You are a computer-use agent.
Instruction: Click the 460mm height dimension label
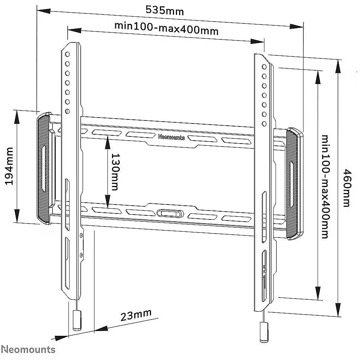tap(346, 188)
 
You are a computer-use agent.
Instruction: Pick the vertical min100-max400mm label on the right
tap(325, 186)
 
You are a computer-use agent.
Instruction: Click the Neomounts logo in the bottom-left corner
tap(28, 350)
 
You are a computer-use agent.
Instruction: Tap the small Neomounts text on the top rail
tap(171, 137)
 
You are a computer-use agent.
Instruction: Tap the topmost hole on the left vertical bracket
tap(67, 54)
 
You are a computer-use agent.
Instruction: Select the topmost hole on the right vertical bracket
tap(264, 67)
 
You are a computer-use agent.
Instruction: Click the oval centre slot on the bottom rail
tap(170, 213)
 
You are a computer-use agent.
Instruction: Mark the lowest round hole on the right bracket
tap(264, 123)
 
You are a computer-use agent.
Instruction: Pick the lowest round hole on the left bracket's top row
tap(67, 110)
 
